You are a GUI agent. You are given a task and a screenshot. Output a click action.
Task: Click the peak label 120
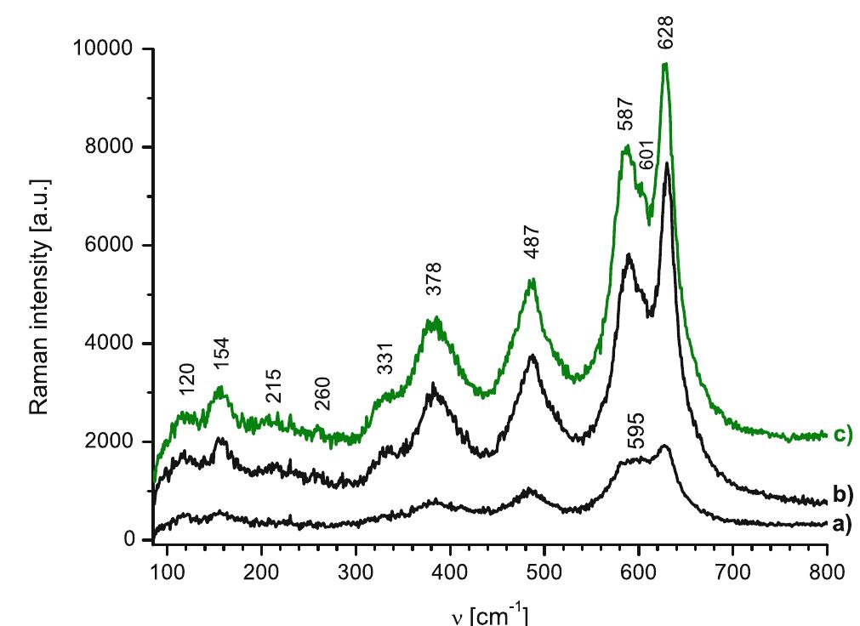click(x=188, y=380)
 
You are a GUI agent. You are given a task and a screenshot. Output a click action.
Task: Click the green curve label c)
click(x=842, y=435)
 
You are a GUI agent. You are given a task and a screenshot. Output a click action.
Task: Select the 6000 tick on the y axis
click(x=119, y=246)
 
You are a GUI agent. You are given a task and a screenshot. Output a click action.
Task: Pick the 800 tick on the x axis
click(x=827, y=569)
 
